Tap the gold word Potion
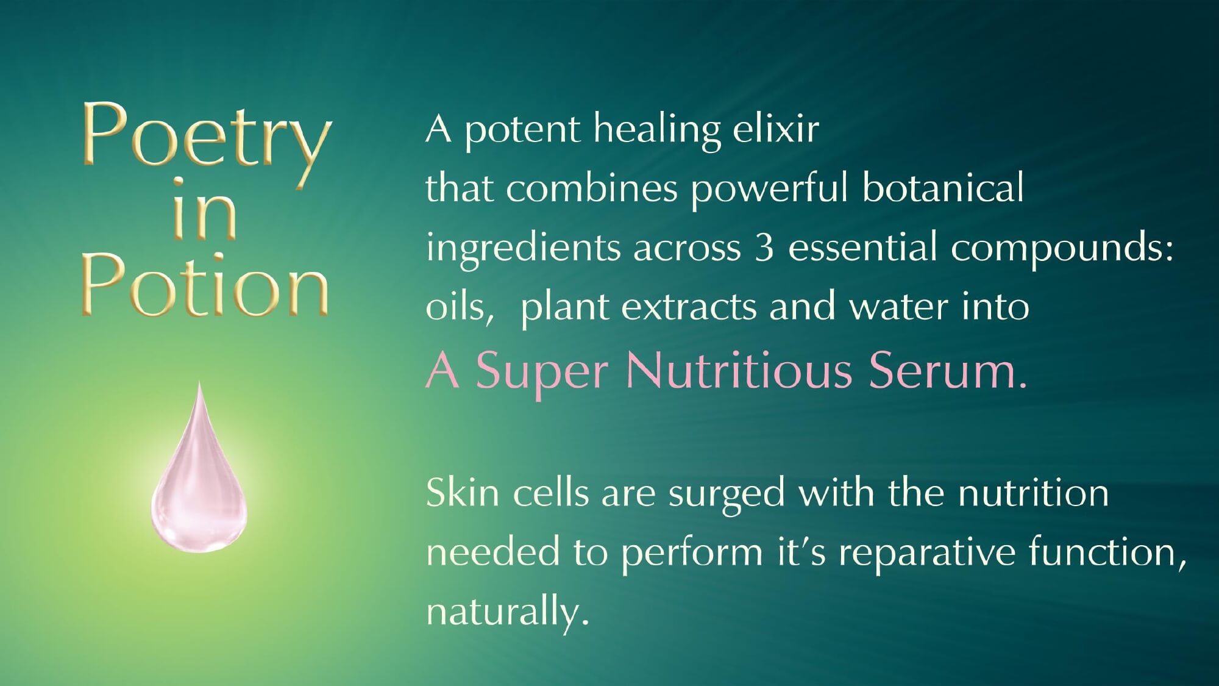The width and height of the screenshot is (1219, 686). (x=205, y=286)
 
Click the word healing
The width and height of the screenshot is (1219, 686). (x=657, y=131)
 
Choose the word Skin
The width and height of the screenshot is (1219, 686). (x=463, y=493)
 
